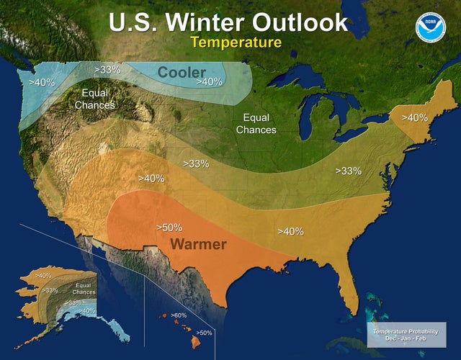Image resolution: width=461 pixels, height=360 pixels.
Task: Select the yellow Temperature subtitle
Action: tap(236, 43)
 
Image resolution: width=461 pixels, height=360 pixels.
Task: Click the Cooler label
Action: tap(182, 72)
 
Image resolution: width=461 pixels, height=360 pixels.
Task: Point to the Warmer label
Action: tap(198, 244)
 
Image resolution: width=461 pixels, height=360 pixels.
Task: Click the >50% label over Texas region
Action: tap(169, 228)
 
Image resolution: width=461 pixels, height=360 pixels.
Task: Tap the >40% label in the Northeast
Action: tap(414, 117)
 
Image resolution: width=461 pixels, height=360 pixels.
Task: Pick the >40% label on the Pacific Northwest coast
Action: tap(41, 82)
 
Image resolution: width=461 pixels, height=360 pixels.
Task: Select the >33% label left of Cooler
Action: tap(107, 70)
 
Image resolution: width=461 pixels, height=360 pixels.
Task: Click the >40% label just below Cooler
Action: tap(209, 82)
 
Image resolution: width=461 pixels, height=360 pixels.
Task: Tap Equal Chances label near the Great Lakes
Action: tap(256, 124)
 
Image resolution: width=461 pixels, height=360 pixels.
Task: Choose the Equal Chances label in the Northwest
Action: tap(94, 99)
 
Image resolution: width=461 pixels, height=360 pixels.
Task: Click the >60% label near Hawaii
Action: tap(178, 315)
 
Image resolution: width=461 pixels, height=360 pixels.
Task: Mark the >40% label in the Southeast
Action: tap(290, 232)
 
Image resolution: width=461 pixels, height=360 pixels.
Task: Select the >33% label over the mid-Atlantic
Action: tap(348, 171)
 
